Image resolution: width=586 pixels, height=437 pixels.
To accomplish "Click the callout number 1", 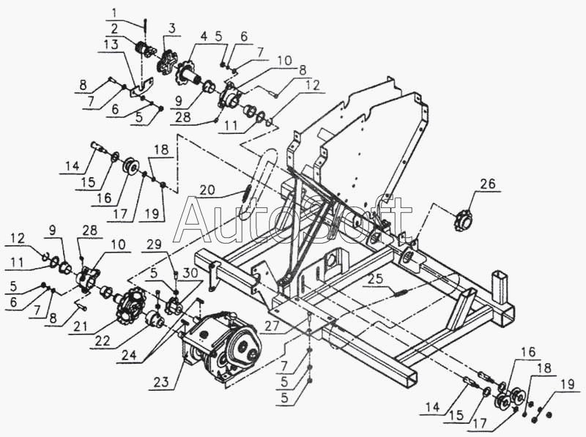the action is (x=114, y=13).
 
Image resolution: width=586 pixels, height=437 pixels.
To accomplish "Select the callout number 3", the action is (x=171, y=29).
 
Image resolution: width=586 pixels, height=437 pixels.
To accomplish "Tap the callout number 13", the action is (x=111, y=45).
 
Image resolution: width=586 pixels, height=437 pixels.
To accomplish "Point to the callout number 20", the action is (x=207, y=190).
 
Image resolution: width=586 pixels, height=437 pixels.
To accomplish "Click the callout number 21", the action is (x=81, y=326).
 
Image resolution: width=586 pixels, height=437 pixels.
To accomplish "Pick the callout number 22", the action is (x=103, y=341).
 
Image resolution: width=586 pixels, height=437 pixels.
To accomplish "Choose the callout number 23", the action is (x=161, y=382).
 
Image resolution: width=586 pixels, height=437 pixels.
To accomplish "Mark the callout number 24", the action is (x=129, y=355).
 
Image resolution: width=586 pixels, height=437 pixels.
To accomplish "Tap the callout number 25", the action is (x=376, y=279).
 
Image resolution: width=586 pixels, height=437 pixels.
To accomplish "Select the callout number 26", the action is (x=488, y=184).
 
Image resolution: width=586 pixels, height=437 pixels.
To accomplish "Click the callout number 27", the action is (x=272, y=326).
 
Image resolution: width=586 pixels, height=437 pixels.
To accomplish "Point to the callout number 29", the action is (x=154, y=244).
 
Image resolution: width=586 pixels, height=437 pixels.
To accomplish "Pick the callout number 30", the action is (x=190, y=273).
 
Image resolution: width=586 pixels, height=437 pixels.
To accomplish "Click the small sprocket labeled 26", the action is (x=463, y=221).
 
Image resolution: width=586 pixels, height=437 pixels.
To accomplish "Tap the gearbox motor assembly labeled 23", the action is (x=221, y=346).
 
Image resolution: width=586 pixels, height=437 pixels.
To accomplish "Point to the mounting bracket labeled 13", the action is (x=141, y=88).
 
